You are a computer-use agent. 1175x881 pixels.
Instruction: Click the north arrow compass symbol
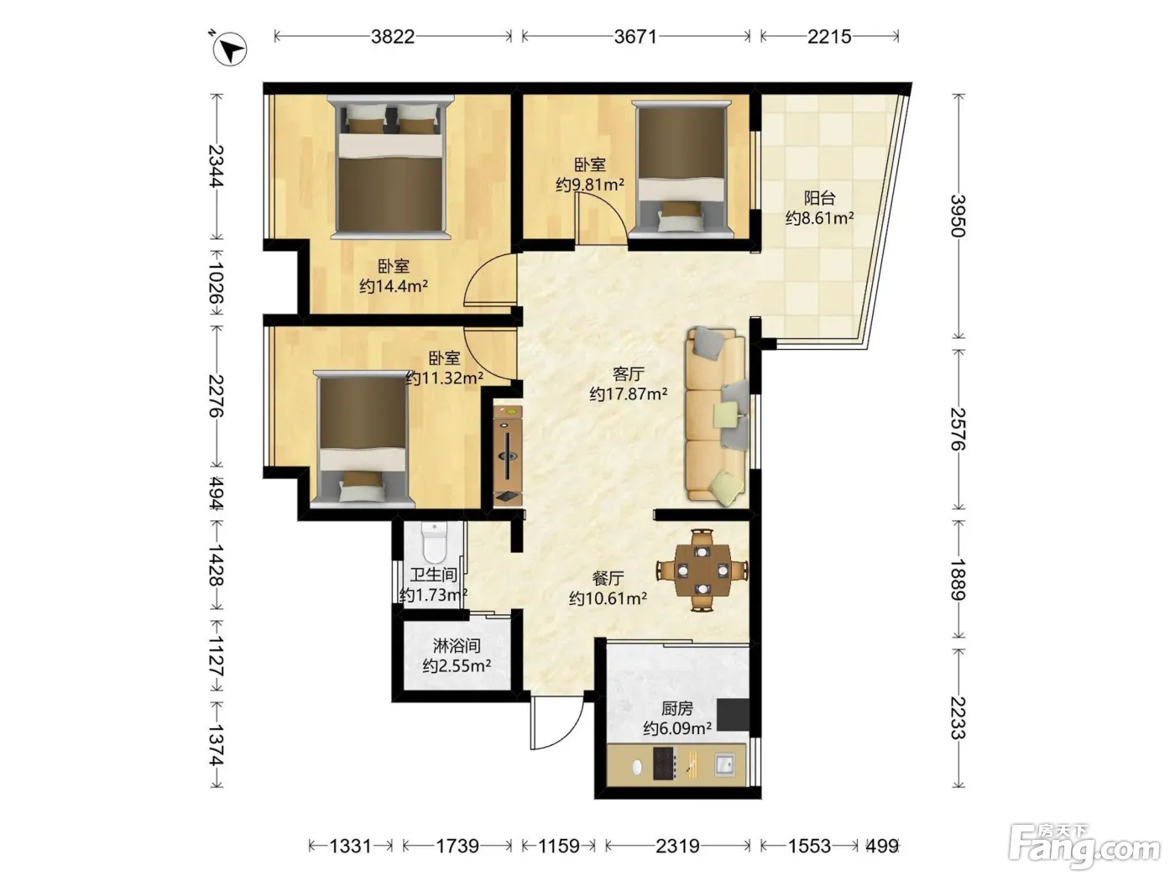[229, 49]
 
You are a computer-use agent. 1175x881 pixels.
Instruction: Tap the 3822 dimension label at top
[393, 36]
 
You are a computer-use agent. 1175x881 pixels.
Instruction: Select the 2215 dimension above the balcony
[829, 36]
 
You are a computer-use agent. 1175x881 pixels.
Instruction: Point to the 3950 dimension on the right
[958, 216]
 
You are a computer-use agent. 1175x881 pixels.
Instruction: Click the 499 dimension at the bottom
[882, 846]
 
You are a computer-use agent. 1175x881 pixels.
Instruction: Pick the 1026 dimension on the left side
[217, 282]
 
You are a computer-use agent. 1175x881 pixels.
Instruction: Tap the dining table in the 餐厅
[702, 570]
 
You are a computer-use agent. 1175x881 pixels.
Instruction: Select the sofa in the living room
[716, 417]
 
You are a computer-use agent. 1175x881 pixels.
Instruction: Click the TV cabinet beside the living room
[508, 456]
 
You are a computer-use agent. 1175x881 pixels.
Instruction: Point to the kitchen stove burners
[665, 763]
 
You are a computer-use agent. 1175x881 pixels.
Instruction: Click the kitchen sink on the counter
[725, 764]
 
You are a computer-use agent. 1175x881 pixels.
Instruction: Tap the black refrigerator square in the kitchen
[733, 715]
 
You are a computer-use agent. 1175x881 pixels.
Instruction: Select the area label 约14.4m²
[394, 286]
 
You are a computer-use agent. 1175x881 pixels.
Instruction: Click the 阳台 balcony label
[819, 198]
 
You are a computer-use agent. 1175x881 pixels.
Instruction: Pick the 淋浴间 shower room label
[457, 645]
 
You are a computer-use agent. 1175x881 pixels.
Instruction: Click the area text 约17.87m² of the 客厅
[629, 394]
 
